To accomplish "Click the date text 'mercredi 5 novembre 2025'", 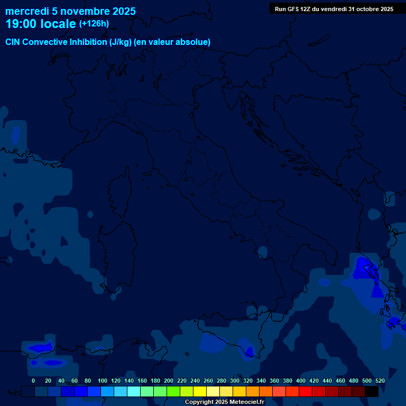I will coord(70,11).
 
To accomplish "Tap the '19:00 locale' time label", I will coord(40,24).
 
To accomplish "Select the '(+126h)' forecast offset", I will coord(94,24).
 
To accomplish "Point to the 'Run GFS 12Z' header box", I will coord(334,8).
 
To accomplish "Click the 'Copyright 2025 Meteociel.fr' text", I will coord(224,402).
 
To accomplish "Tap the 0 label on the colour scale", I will coord(33,381).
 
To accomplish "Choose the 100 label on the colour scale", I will coord(102,381).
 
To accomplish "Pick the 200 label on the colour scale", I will coord(169,381).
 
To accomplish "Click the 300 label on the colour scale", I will coord(235,381).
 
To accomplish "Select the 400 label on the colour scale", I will coord(301,381).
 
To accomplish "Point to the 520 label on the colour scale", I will coord(380,381).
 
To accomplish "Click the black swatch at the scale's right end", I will coord(372,392).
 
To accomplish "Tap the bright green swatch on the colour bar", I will coord(173,392).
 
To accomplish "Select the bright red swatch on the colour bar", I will coord(306,392).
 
